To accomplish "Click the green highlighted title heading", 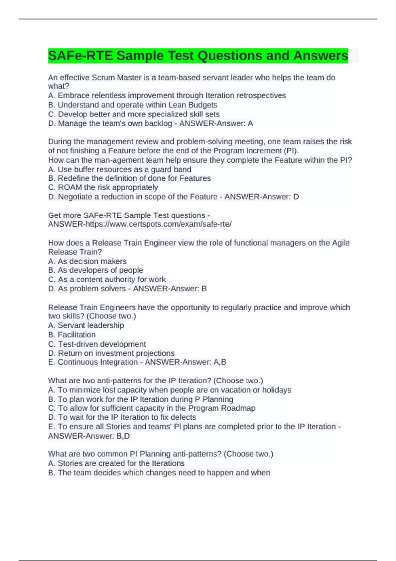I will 198,56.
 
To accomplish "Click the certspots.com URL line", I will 140,224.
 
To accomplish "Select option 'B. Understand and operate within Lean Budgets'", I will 133,105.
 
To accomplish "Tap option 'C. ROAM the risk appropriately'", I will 103,187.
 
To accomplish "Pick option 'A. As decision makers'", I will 87,261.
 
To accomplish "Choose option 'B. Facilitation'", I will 72,334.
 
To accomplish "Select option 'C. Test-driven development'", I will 97,344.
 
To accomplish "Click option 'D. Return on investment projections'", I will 111,353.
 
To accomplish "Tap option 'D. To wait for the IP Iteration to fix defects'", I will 122,417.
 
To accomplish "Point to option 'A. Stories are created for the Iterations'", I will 116,463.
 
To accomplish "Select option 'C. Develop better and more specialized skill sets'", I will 134,114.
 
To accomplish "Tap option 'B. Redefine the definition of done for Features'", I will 129,178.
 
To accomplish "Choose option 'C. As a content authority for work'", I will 107,279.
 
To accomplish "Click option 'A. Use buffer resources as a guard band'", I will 119,169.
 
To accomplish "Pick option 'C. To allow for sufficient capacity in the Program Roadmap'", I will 152,408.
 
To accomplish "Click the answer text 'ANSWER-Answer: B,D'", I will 89,436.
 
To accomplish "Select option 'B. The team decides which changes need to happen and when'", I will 159,473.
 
